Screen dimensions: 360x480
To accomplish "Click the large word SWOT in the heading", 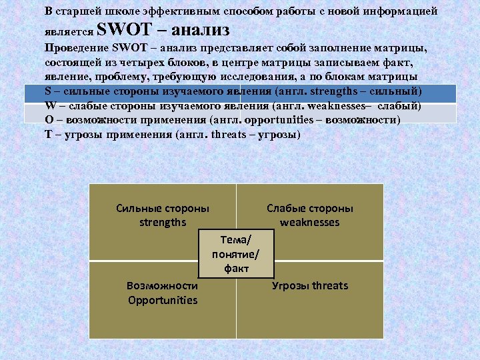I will point(125,30).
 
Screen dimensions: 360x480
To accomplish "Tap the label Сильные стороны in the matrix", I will point(162,208).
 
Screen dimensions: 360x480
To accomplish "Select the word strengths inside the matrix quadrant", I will point(162,222).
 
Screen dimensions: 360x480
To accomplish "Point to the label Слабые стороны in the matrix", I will point(309,208).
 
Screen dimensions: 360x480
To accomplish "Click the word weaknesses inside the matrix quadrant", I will point(309,222).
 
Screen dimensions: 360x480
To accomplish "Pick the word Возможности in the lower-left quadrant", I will point(162,285).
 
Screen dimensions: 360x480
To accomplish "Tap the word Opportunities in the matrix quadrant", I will point(163,299).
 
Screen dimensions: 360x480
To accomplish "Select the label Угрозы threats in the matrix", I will point(309,285).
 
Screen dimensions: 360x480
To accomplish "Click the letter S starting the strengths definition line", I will point(48,91).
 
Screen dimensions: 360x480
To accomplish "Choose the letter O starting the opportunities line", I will point(49,121).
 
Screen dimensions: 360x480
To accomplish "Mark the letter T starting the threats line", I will point(48,135).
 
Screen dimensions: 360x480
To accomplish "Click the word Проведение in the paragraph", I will point(75,49).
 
